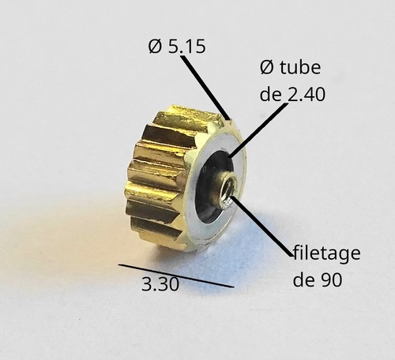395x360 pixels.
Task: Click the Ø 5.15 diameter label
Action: click(x=177, y=47)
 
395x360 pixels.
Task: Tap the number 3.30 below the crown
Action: click(x=160, y=284)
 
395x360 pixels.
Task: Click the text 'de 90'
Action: click(x=318, y=279)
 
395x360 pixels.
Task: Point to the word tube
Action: click(x=300, y=67)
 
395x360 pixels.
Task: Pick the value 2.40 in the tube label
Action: click(x=306, y=94)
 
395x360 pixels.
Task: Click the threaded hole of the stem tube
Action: click(x=227, y=189)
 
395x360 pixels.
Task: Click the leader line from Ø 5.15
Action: click(x=205, y=87)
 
